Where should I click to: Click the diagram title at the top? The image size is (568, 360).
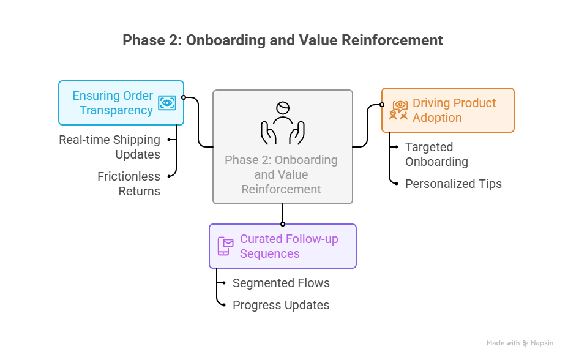tap(283, 40)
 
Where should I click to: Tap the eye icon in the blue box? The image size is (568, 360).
tap(166, 103)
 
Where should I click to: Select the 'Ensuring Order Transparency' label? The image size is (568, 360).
tap(113, 103)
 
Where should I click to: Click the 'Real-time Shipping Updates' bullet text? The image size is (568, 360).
tap(110, 147)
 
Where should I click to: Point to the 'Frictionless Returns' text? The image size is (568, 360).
tap(129, 184)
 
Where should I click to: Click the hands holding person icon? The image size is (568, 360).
tap(282, 122)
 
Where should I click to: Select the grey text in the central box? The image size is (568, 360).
tap(281, 174)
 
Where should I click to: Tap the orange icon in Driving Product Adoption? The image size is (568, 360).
tap(399, 110)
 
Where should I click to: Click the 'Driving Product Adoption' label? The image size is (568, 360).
tap(454, 110)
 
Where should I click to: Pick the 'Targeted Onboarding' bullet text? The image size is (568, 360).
tap(436, 154)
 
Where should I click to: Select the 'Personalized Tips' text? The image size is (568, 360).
tap(453, 184)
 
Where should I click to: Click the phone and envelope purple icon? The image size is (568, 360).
tap(225, 246)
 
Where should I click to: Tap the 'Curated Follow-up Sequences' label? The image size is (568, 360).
tap(289, 246)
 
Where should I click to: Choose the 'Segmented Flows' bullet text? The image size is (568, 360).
tap(281, 283)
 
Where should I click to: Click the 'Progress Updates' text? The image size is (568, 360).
tap(281, 305)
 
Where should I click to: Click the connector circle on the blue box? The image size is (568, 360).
tap(184, 97)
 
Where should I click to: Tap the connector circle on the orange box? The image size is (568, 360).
tap(382, 105)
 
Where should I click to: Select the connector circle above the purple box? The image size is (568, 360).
tap(283, 223)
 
